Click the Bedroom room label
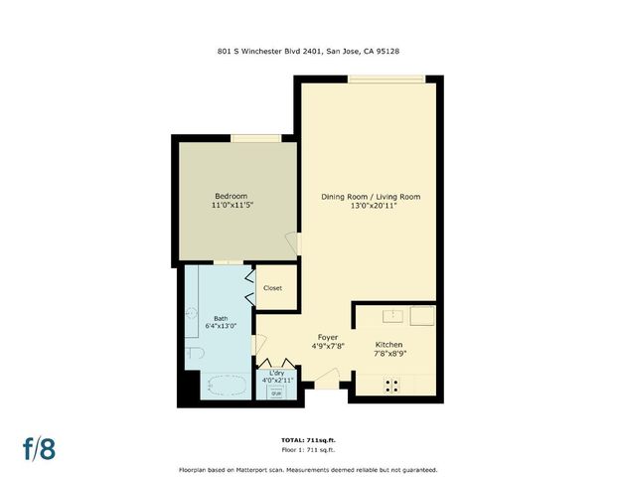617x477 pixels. (x=231, y=195)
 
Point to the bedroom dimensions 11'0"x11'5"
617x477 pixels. (x=231, y=206)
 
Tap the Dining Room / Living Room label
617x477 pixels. (x=371, y=197)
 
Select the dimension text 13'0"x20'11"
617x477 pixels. (x=371, y=208)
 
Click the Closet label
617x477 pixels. (x=272, y=288)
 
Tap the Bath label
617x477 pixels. (x=221, y=318)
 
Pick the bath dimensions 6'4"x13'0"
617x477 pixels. (x=221, y=327)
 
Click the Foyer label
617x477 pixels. (x=328, y=337)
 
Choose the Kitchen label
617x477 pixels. (x=388, y=343)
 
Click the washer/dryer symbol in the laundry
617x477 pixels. (x=275, y=391)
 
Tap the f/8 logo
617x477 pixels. (x=39, y=447)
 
